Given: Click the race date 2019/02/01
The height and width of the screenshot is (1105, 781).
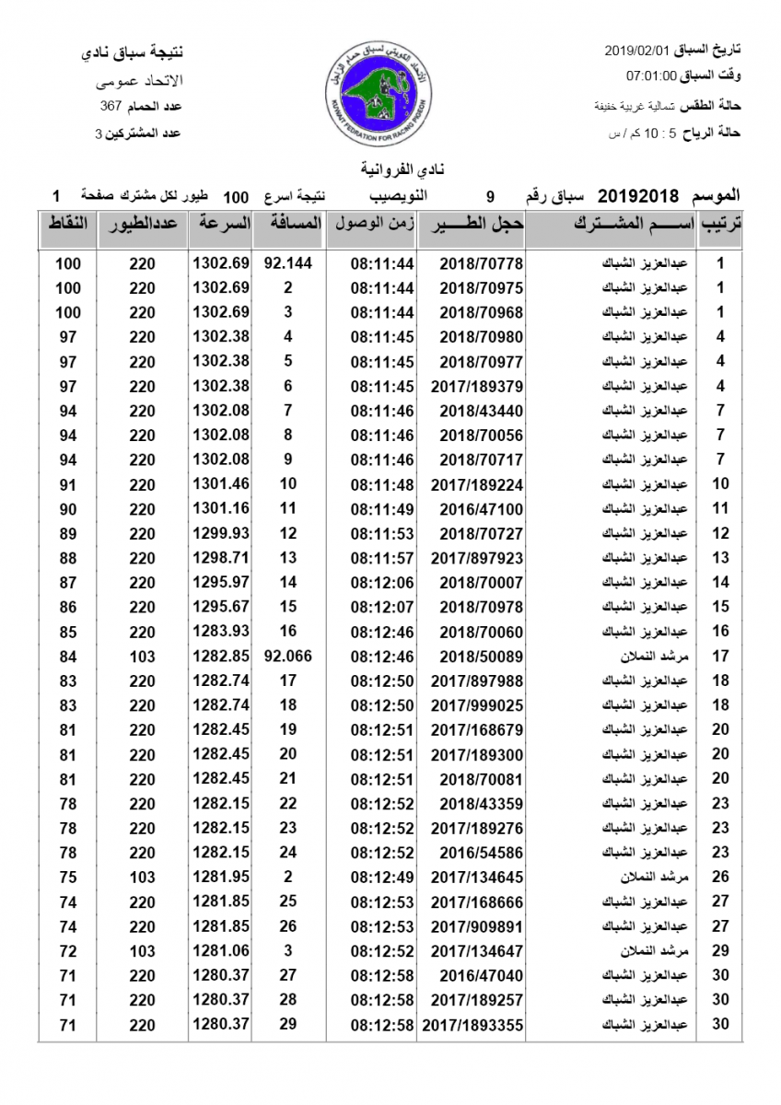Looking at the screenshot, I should coord(637,48).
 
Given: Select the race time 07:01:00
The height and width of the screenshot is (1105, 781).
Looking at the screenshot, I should coord(652,76).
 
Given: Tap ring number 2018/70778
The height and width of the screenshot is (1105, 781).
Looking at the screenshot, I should coord(481,263).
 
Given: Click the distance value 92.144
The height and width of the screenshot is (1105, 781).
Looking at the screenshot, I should coord(288,263).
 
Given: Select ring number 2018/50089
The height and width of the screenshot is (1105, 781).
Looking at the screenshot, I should coord(481,657).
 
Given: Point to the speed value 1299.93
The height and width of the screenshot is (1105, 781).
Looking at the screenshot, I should coord(221,533).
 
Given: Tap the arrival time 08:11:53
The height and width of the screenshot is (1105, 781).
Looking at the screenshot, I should coord(383,533).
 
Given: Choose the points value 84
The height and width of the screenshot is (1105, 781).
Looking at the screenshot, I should coord(68,657).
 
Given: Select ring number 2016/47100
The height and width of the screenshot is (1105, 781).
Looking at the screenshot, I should coord(481,508).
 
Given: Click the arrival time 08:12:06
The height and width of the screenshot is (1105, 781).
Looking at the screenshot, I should coord(383,582).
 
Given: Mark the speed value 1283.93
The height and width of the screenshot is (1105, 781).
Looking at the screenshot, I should coord(221,632).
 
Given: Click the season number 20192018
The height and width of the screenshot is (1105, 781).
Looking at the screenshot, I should coord(638,196).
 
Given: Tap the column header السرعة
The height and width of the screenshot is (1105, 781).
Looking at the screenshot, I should coord(221,224).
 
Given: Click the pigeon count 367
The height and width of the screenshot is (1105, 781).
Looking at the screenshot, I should coord(111,107).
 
